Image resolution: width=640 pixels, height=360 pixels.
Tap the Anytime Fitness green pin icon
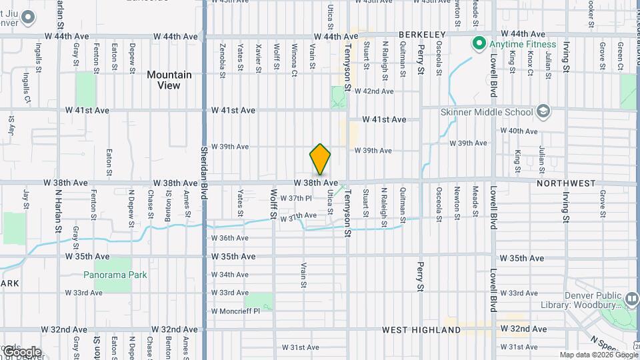coord(478,45)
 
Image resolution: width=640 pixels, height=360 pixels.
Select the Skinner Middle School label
coord(486,112)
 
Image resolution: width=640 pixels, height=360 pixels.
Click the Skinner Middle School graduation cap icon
coord(543,111)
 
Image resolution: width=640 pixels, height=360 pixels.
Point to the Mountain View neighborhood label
coord(169,80)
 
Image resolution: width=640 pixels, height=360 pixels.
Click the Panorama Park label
coord(115,275)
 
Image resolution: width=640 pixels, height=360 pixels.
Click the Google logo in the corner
coord(21,351)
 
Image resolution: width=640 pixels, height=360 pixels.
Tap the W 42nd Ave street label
coord(374,91)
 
